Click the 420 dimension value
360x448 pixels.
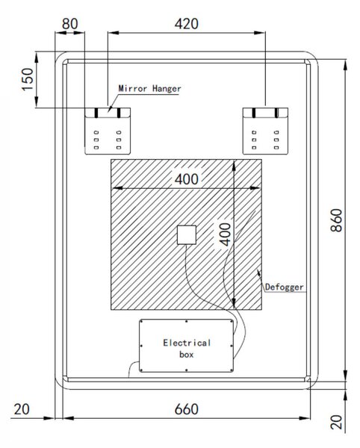click(187, 24)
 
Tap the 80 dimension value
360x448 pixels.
click(69, 24)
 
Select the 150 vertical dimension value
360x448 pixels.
click(28, 79)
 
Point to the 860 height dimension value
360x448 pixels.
click(336, 220)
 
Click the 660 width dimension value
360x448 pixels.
click(187, 409)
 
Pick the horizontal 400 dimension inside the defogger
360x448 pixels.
click(187, 179)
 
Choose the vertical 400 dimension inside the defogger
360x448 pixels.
click(225, 234)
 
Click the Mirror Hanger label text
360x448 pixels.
click(149, 89)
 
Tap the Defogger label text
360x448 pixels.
click(285, 287)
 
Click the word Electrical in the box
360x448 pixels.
click(187, 343)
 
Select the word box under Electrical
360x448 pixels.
click(187, 355)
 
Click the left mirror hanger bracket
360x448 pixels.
click(108, 131)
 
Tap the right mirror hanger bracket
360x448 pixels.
click(265, 131)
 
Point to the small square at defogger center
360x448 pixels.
click(187, 235)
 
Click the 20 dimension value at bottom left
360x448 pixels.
click(22, 409)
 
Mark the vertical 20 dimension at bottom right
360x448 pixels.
click(337, 422)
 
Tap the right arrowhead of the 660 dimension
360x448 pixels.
click(305, 418)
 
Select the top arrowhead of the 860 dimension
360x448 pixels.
click(345, 65)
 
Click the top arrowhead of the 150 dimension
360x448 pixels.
click(37, 57)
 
